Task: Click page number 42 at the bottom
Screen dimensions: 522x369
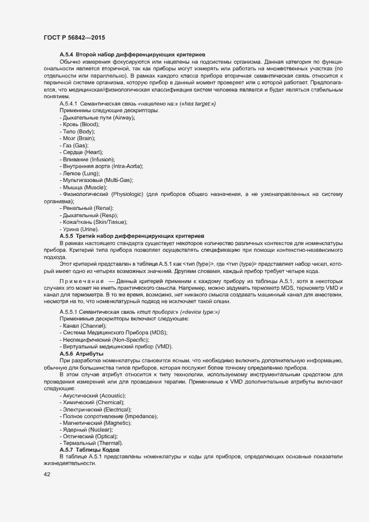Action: click(47, 475)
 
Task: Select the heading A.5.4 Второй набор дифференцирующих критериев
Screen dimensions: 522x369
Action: click(132, 54)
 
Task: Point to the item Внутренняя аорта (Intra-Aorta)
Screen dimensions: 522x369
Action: click(100, 166)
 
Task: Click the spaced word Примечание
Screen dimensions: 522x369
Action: click(82, 281)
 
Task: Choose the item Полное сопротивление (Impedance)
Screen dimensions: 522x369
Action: click(108, 416)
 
